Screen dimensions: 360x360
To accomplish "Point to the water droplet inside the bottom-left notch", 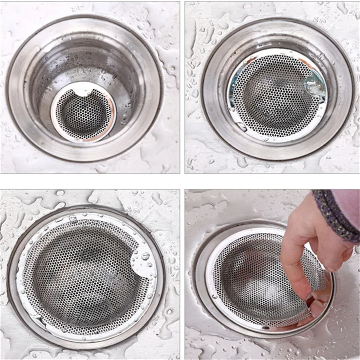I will tap(145, 256).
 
